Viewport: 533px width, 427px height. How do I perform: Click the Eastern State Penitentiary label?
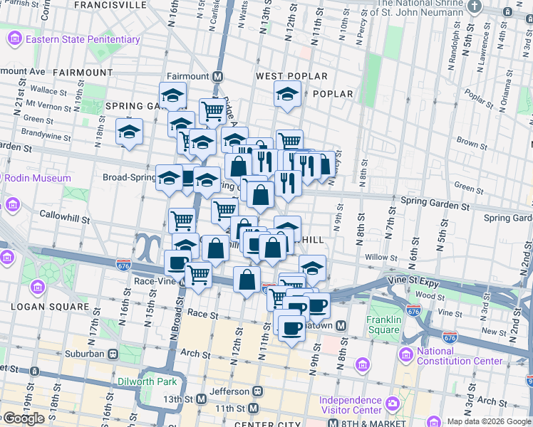pyautogui.click(x=82, y=39)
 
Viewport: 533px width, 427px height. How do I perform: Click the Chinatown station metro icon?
pyautogui.click(x=341, y=325)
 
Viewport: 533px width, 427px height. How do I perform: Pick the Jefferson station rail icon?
pyautogui.click(x=258, y=391)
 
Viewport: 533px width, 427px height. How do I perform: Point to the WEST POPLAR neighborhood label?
pyautogui.click(x=291, y=76)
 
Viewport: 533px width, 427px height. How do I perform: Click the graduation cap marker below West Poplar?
pyautogui.click(x=287, y=95)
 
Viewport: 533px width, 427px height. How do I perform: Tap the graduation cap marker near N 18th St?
pyautogui.click(x=129, y=132)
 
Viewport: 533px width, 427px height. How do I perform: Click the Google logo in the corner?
pyautogui.click(x=24, y=418)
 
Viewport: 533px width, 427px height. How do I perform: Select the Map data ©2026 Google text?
pyautogui.click(x=489, y=421)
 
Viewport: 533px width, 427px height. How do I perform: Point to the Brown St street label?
pyautogui.click(x=467, y=143)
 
